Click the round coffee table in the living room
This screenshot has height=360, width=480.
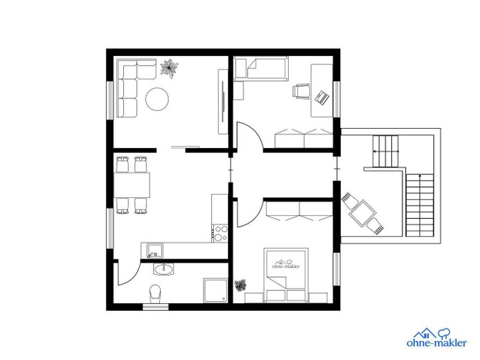tap(157, 99)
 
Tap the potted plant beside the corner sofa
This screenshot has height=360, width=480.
tap(169, 69)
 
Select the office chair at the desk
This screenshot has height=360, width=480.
tap(301, 91)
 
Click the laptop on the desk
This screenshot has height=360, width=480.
tap(322, 98)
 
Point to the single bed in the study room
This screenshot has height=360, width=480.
tap(261, 69)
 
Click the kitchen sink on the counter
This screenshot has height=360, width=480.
tap(155, 250)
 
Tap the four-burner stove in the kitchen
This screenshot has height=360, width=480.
tap(220, 233)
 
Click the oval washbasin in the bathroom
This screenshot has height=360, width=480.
tap(163, 269)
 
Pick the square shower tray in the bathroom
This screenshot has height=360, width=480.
tap(215, 291)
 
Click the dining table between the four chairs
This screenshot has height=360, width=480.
tap(132, 185)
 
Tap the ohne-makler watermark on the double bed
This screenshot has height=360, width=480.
tap(285, 264)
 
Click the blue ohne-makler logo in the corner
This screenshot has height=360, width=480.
tap(437, 338)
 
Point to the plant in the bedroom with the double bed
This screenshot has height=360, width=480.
tap(240, 285)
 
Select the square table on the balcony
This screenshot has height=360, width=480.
tap(363, 213)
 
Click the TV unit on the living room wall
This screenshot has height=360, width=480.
tap(223, 102)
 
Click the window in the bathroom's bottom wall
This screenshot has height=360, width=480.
tap(156, 307)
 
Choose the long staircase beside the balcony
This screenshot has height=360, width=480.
tap(420, 205)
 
